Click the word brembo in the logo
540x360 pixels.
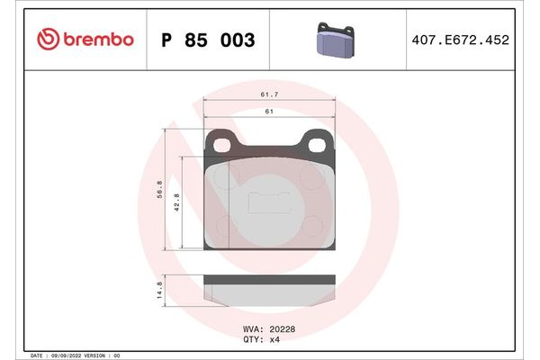click(98, 40)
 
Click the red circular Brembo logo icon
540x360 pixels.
click(49, 40)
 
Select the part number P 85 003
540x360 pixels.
click(208, 40)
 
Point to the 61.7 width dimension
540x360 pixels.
click(267, 94)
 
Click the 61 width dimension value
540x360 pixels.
click(267, 111)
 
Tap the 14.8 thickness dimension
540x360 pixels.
click(159, 287)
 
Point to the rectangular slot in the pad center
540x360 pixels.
click(268, 202)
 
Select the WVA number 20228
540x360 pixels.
click(282, 328)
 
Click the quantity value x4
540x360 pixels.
click(275, 339)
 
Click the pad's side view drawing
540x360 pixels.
click(268, 289)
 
